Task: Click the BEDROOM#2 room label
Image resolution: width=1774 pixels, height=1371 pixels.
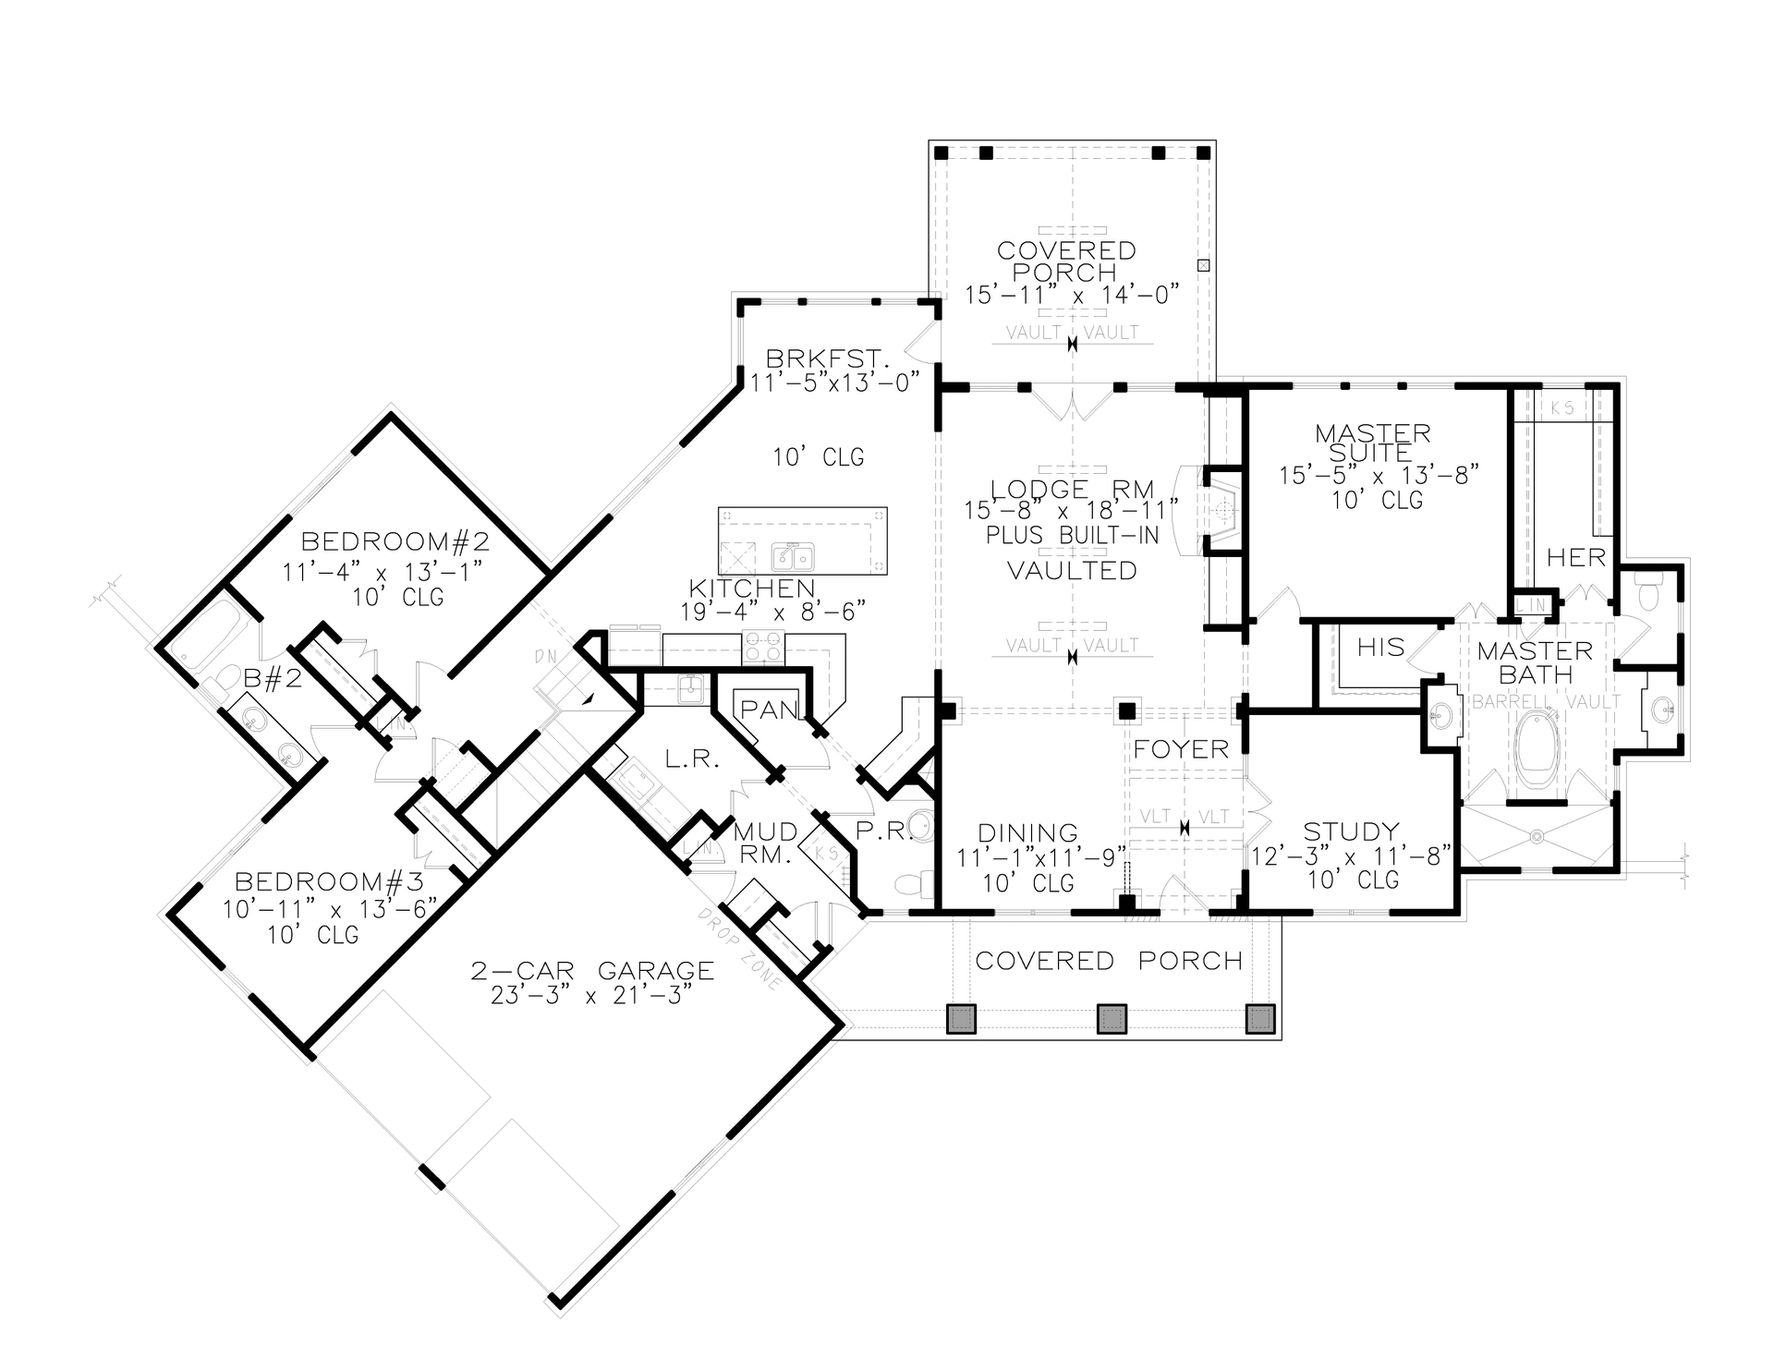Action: (x=395, y=540)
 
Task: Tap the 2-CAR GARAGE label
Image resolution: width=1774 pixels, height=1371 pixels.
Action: (x=592, y=971)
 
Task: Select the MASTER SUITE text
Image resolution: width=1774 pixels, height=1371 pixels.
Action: (x=1372, y=443)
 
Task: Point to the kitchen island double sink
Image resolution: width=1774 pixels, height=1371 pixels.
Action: (x=793, y=557)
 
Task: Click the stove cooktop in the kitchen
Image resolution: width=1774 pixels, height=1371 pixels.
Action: (x=763, y=646)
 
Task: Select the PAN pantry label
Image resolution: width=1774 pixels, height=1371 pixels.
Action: (x=769, y=710)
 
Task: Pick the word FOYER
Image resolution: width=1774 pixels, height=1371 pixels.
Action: (x=1181, y=749)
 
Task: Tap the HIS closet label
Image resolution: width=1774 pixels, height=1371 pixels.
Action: (x=1380, y=648)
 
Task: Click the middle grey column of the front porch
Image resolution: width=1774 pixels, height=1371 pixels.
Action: (x=1112, y=1018)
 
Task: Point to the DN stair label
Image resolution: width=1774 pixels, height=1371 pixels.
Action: (x=544, y=657)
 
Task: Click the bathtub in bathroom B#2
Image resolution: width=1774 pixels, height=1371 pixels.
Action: (x=209, y=634)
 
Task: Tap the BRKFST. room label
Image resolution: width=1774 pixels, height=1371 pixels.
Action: (x=826, y=358)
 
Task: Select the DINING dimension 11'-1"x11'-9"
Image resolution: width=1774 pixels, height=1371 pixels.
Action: (x=1041, y=857)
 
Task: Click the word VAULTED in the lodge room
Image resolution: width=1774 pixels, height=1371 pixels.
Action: (x=1072, y=571)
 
